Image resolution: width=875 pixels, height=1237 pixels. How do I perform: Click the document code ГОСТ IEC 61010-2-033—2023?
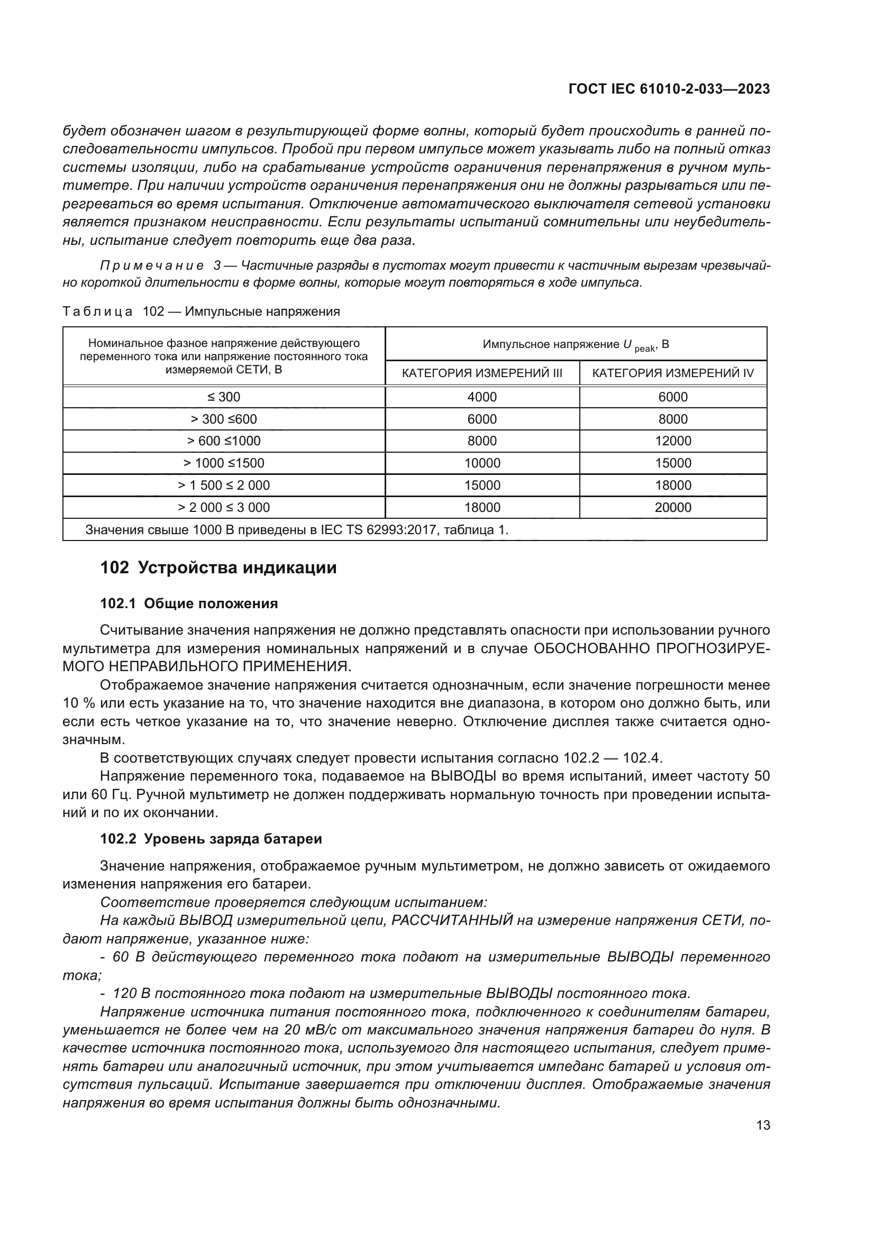tap(669, 89)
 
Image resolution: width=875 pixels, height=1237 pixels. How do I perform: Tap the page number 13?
tap(763, 1125)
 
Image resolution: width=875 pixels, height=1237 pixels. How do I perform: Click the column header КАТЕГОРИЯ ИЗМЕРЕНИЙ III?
tap(482, 373)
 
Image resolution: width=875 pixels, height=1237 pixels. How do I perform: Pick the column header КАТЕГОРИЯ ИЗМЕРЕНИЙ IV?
tap(673, 373)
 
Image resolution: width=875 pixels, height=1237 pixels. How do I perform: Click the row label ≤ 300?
tap(224, 397)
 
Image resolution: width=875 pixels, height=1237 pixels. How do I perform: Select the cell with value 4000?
tap(482, 397)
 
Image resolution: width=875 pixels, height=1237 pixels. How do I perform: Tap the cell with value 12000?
tap(673, 441)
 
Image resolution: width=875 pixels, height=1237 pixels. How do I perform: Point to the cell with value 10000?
tap(482, 463)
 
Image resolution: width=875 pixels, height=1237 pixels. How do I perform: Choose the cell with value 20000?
tap(673, 508)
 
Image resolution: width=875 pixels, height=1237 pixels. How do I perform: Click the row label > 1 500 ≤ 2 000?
tap(224, 485)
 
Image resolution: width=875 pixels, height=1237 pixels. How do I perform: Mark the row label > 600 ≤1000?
tap(224, 441)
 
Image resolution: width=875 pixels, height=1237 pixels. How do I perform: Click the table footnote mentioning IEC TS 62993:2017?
tap(296, 530)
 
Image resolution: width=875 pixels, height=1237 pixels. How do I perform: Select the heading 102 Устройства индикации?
tap(218, 568)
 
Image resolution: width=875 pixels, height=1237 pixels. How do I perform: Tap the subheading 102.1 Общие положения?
tap(188, 603)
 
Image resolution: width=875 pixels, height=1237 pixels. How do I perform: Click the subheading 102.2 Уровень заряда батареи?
tap(211, 839)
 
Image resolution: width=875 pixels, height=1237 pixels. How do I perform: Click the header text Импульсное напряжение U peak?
tap(576, 345)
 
